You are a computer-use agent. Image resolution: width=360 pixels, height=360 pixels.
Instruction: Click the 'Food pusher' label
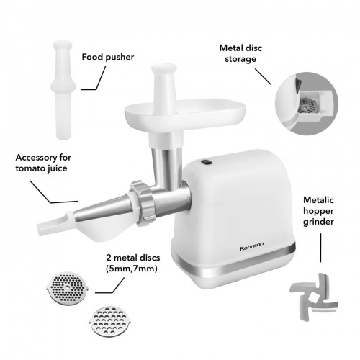[x=108, y=57]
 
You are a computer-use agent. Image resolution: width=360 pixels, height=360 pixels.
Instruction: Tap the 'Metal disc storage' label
[x=240, y=53]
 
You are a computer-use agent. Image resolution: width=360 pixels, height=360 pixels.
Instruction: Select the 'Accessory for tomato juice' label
[x=43, y=163]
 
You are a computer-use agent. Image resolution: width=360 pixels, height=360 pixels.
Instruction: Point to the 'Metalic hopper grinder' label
[x=318, y=211]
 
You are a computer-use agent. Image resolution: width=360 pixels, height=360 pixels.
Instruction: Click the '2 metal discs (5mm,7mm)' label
[x=133, y=263]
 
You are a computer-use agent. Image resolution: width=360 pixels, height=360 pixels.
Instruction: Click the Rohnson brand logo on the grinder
[x=252, y=246]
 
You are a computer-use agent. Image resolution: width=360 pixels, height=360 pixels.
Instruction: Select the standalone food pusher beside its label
[x=63, y=90]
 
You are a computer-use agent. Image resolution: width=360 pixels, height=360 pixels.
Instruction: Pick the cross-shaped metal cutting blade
[x=314, y=297]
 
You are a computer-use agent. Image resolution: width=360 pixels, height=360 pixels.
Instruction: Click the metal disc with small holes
[x=68, y=289]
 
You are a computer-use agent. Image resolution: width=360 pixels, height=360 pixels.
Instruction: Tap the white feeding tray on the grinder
[x=185, y=113]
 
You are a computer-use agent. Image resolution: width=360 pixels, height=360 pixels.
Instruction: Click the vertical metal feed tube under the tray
[x=166, y=166]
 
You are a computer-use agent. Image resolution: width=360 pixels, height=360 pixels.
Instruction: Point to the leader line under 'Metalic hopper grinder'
[x=320, y=248]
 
